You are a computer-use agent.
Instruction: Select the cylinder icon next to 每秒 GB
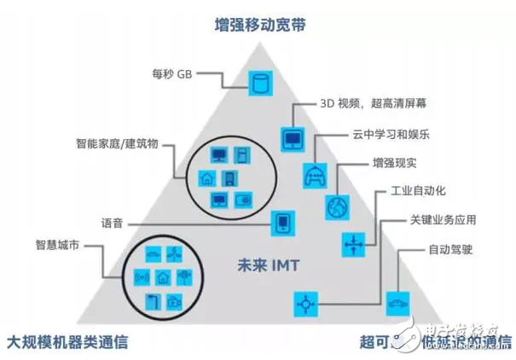pos(258,83)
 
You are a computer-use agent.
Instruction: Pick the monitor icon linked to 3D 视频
pos(292,137)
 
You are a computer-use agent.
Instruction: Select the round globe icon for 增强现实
pos(336,207)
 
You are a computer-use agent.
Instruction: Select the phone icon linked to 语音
pos(282,224)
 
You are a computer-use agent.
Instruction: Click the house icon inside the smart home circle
pos(206,178)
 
